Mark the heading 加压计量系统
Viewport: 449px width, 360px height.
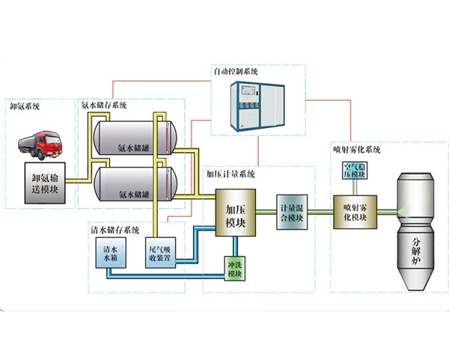pos(230,175)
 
